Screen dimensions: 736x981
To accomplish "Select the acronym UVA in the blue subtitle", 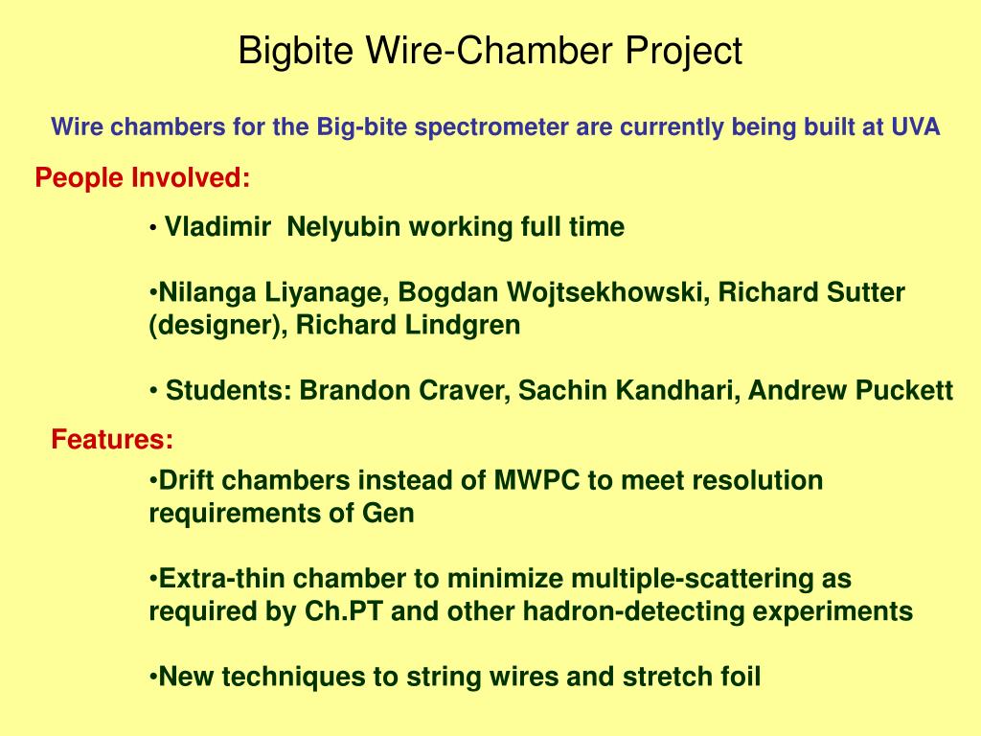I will (916, 127).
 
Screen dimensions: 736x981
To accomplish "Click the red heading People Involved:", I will (143, 178).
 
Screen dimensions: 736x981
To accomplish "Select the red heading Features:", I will (112, 440).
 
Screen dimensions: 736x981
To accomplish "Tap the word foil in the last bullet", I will (738, 678).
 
